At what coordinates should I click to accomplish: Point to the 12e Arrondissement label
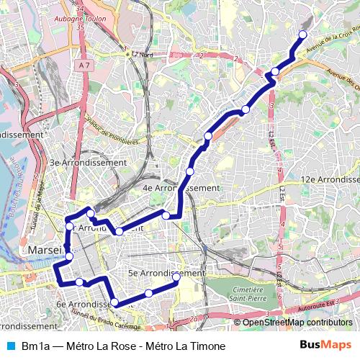[329, 179]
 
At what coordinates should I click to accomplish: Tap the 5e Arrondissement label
[166, 274]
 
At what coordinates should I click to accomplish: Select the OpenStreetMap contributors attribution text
[297, 323]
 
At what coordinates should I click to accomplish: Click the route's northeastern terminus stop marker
[302, 35]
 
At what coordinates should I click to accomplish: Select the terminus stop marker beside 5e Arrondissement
[176, 276]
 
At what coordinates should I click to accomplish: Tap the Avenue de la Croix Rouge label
[331, 40]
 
